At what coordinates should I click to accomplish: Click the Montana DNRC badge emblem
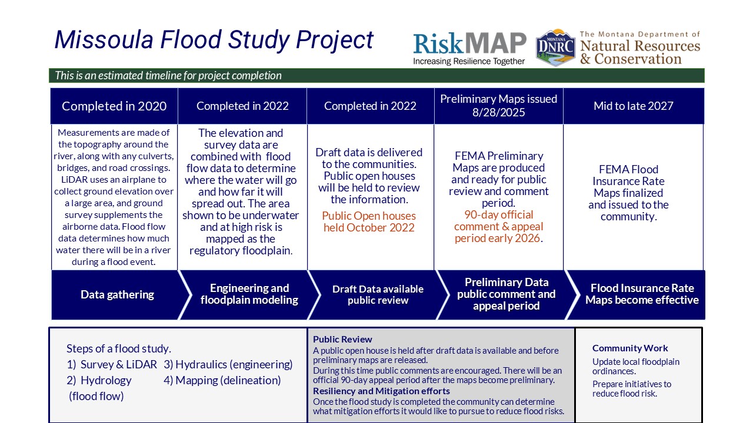tap(555, 48)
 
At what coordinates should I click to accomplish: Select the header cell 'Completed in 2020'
tap(114, 106)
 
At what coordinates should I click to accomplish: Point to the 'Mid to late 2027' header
tap(634, 106)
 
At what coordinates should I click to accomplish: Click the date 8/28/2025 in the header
tap(498, 112)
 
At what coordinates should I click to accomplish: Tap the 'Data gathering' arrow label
tap(117, 294)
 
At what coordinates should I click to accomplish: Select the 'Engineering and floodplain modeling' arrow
tap(249, 294)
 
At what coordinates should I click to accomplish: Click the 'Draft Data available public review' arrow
tap(378, 294)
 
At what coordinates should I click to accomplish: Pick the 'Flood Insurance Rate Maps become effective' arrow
tap(642, 294)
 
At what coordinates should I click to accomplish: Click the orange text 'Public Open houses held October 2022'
tap(369, 221)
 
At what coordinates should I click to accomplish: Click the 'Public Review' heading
tap(342, 340)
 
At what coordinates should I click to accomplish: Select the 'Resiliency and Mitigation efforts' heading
tap(381, 391)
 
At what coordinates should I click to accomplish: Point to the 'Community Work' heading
tap(630, 348)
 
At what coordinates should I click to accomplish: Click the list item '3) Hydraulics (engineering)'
tap(228, 365)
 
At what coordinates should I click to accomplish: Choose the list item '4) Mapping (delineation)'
tap(222, 380)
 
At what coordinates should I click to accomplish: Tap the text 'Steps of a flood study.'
tap(119, 349)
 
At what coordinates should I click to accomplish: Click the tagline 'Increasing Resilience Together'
tap(469, 62)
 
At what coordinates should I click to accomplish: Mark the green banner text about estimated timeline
tap(168, 76)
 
